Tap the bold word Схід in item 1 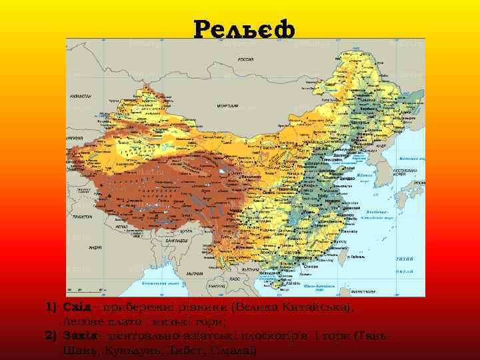76,309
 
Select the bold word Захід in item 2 79,337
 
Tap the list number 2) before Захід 52,337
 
